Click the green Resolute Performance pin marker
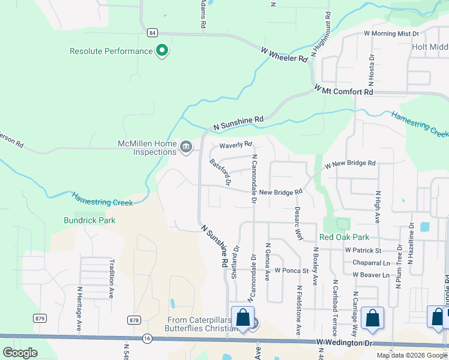161,51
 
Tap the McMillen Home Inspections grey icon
186,146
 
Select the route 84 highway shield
149,32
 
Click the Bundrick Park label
89,220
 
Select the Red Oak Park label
345,237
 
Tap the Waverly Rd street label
235,145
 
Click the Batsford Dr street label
220,173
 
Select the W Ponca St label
291,271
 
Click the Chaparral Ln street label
363,262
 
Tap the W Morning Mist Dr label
391,34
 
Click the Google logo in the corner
20,353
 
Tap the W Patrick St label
363,250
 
